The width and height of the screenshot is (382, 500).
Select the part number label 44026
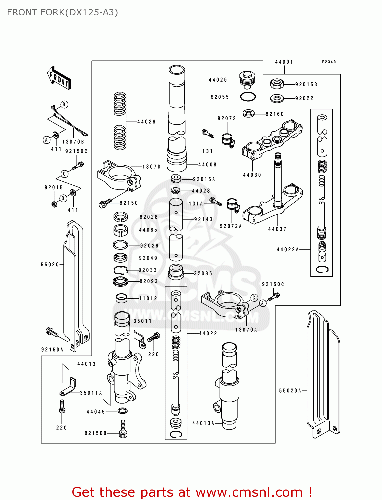coord(146,122)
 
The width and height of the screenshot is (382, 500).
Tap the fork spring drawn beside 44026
coord(120,121)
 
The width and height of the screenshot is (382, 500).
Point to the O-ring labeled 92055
coord(248,97)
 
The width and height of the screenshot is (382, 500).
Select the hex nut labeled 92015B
coord(277,84)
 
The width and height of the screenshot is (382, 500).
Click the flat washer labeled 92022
coord(277,98)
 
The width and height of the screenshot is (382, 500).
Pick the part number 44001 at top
coord(284,62)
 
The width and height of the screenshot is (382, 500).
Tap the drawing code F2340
coord(329,62)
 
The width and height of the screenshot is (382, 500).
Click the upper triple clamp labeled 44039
coord(272,140)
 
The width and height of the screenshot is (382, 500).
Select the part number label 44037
coord(277,229)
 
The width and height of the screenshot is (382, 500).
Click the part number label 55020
coord(50,264)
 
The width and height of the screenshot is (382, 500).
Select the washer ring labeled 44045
coord(123,410)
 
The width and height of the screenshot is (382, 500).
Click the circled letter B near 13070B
coord(64,104)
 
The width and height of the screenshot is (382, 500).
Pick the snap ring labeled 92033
coord(121,270)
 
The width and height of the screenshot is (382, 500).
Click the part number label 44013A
coord(203,423)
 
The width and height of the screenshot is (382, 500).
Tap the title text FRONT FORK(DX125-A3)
coord(62,12)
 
